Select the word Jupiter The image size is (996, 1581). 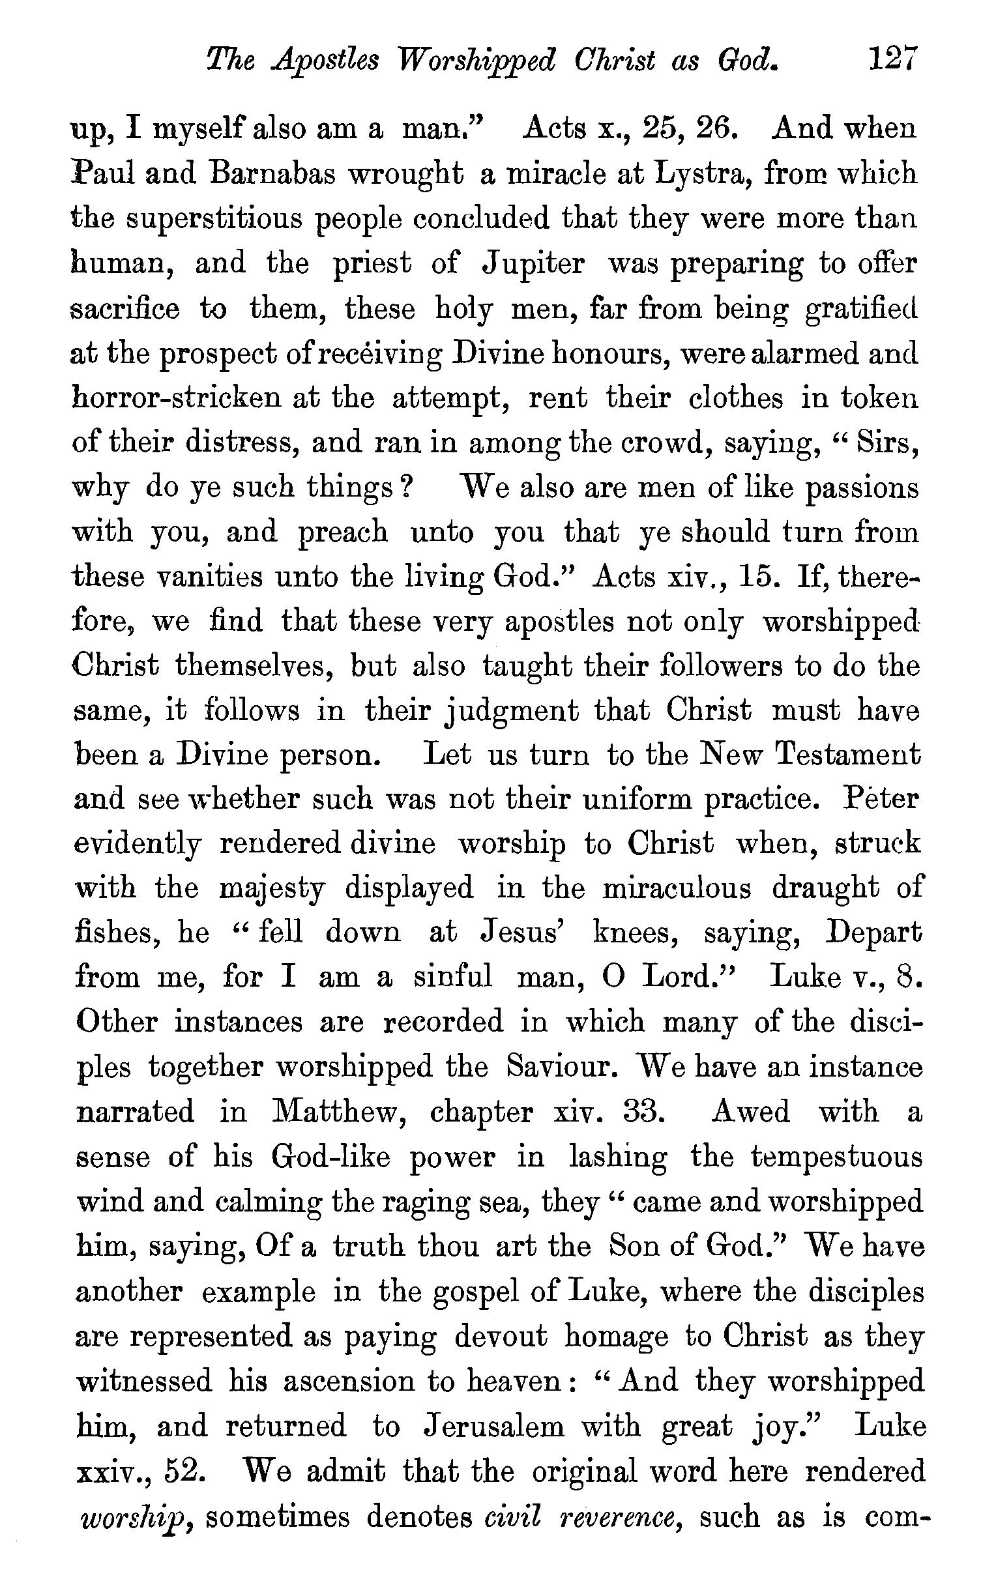point(533,265)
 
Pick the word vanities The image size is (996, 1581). point(209,577)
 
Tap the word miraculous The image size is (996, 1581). point(676,889)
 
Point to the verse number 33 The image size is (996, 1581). point(640,1112)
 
